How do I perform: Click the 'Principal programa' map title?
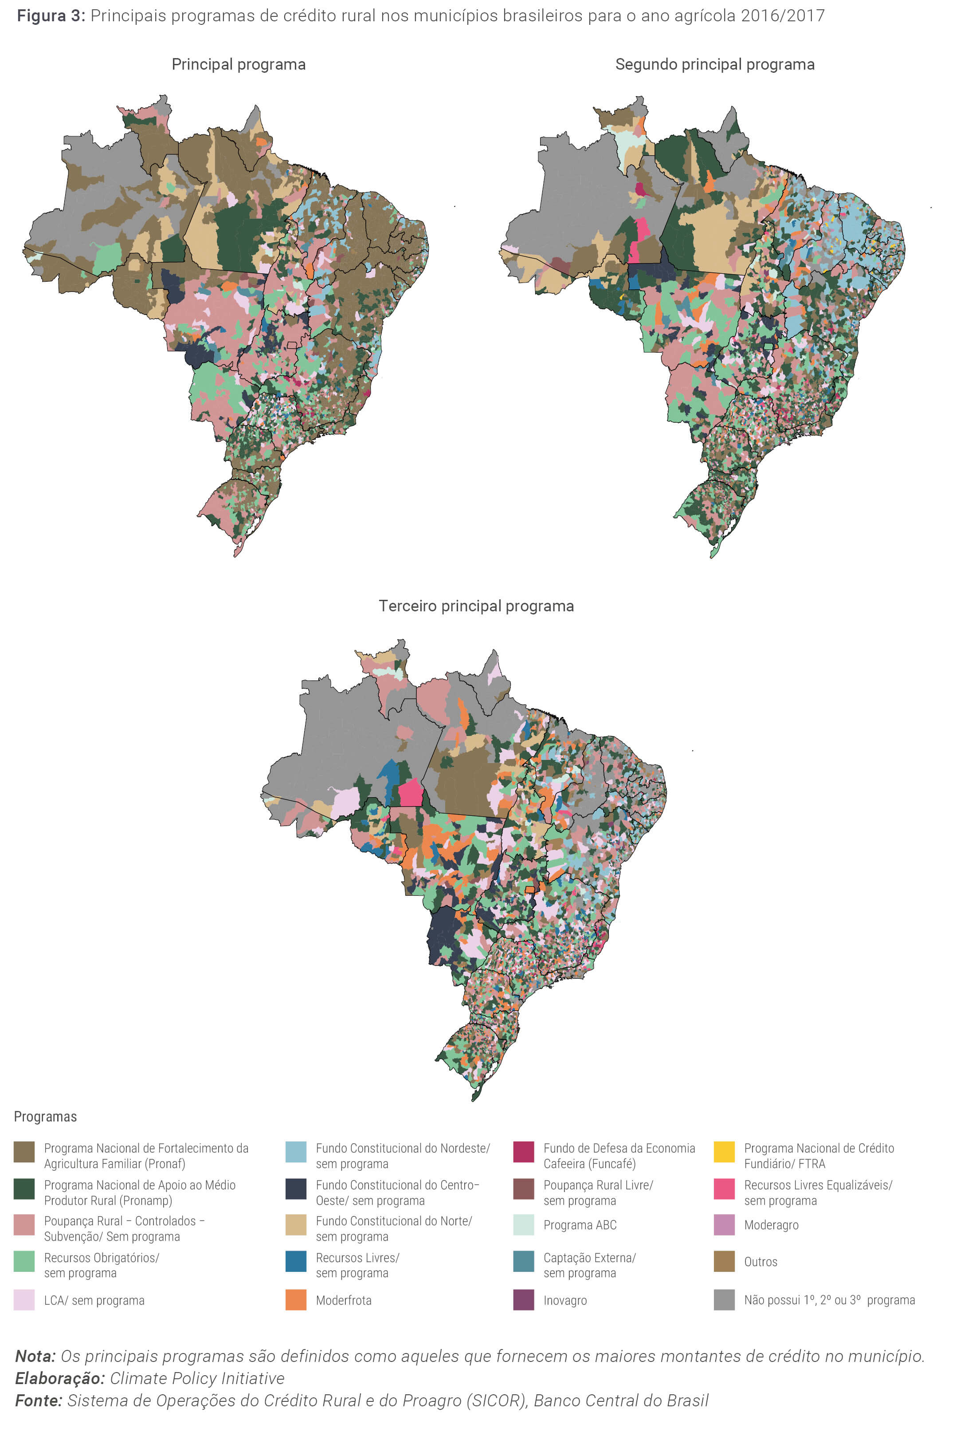(239, 64)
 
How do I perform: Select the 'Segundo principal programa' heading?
(714, 64)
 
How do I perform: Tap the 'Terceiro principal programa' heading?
(476, 606)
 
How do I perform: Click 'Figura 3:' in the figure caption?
(51, 16)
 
